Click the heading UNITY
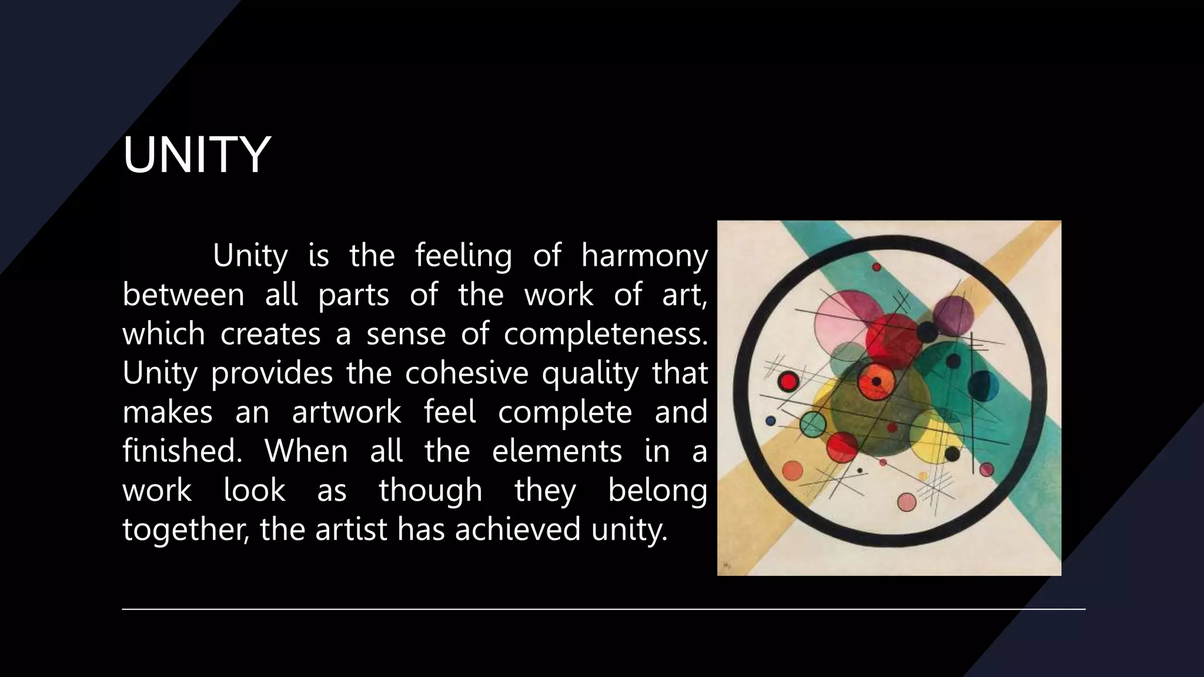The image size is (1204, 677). pyautogui.click(x=196, y=155)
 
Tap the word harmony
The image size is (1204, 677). pyautogui.click(x=644, y=256)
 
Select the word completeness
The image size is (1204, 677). pyautogui.click(x=606, y=334)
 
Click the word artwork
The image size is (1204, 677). pyautogui.click(x=346, y=412)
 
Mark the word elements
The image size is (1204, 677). pyautogui.click(x=557, y=451)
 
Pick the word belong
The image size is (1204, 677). pyautogui.click(x=657, y=491)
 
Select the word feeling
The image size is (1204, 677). pyautogui.click(x=463, y=256)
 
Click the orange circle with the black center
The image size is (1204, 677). pyautogui.click(x=876, y=381)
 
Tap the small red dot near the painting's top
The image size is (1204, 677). pyautogui.click(x=877, y=267)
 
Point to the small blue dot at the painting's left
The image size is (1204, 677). pyautogui.click(x=771, y=421)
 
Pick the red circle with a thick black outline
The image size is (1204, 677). pyautogui.click(x=788, y=382)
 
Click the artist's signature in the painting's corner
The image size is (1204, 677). pyautogui.click(x=727, y=565)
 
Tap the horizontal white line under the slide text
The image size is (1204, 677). pyautogui.click(x=603, y=609)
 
